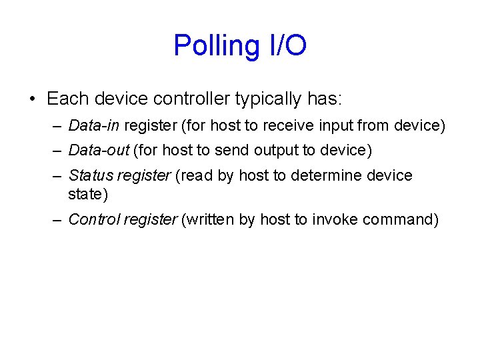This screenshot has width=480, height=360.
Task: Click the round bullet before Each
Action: [x=32, y=99]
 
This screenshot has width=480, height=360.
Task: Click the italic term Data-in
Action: [x=94, y=125]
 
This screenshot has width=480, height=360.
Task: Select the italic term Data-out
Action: [x=98, y=150]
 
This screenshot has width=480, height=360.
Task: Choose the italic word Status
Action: [x=90, y=175]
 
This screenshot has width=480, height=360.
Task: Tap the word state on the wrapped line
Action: [x=83, y=194]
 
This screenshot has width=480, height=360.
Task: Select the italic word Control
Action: [x=93, y=219]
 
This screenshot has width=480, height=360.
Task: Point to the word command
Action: [x=399, y=219]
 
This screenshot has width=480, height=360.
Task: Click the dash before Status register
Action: [x=58, y=175]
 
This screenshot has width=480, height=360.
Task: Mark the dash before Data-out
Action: [x=58, y=150]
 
